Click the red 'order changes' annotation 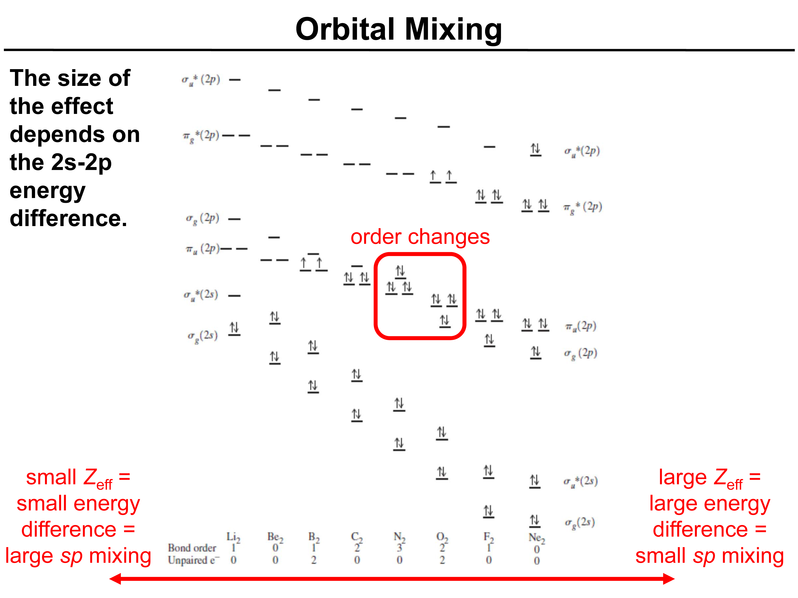420,237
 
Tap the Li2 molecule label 233,537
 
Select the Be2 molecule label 275,537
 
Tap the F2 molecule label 489,537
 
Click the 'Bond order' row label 192,548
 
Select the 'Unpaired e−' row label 194,560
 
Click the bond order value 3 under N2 399,548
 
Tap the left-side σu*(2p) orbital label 200,80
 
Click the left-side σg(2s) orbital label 202,336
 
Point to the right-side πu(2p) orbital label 580,326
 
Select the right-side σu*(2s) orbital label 580,481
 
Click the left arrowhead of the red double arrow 115,579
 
